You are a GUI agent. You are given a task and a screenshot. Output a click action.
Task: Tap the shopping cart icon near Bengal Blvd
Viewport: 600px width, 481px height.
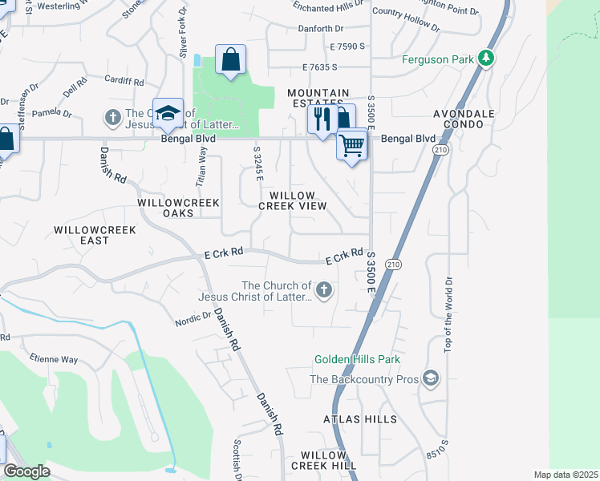[351, 146]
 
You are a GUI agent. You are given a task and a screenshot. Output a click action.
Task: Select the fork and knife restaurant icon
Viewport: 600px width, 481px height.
[322, 119]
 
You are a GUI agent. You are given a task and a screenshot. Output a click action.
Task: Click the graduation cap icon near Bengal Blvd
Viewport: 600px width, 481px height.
[168, 114]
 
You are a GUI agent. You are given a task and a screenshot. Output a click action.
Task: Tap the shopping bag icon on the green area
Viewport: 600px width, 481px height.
[230, 60]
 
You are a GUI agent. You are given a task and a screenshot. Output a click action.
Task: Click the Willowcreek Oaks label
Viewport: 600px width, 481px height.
[178, 208]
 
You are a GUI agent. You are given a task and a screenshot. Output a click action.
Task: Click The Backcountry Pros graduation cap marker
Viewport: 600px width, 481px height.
[431, 378]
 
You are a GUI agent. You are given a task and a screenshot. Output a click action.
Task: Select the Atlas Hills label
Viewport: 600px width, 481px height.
[360, 419]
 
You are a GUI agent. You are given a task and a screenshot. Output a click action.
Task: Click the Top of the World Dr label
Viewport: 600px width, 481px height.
[448, 314]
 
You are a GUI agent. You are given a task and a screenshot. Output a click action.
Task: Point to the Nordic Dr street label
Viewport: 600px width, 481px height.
[192, 321]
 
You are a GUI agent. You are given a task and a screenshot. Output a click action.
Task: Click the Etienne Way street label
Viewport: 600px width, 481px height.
[54, 359]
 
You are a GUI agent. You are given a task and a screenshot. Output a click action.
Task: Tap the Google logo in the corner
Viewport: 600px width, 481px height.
[26, 471]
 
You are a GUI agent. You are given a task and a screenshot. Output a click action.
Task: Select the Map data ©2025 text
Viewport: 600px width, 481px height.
[566, 475]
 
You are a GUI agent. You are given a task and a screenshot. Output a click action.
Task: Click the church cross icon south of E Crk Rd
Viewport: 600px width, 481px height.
[324, 290]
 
